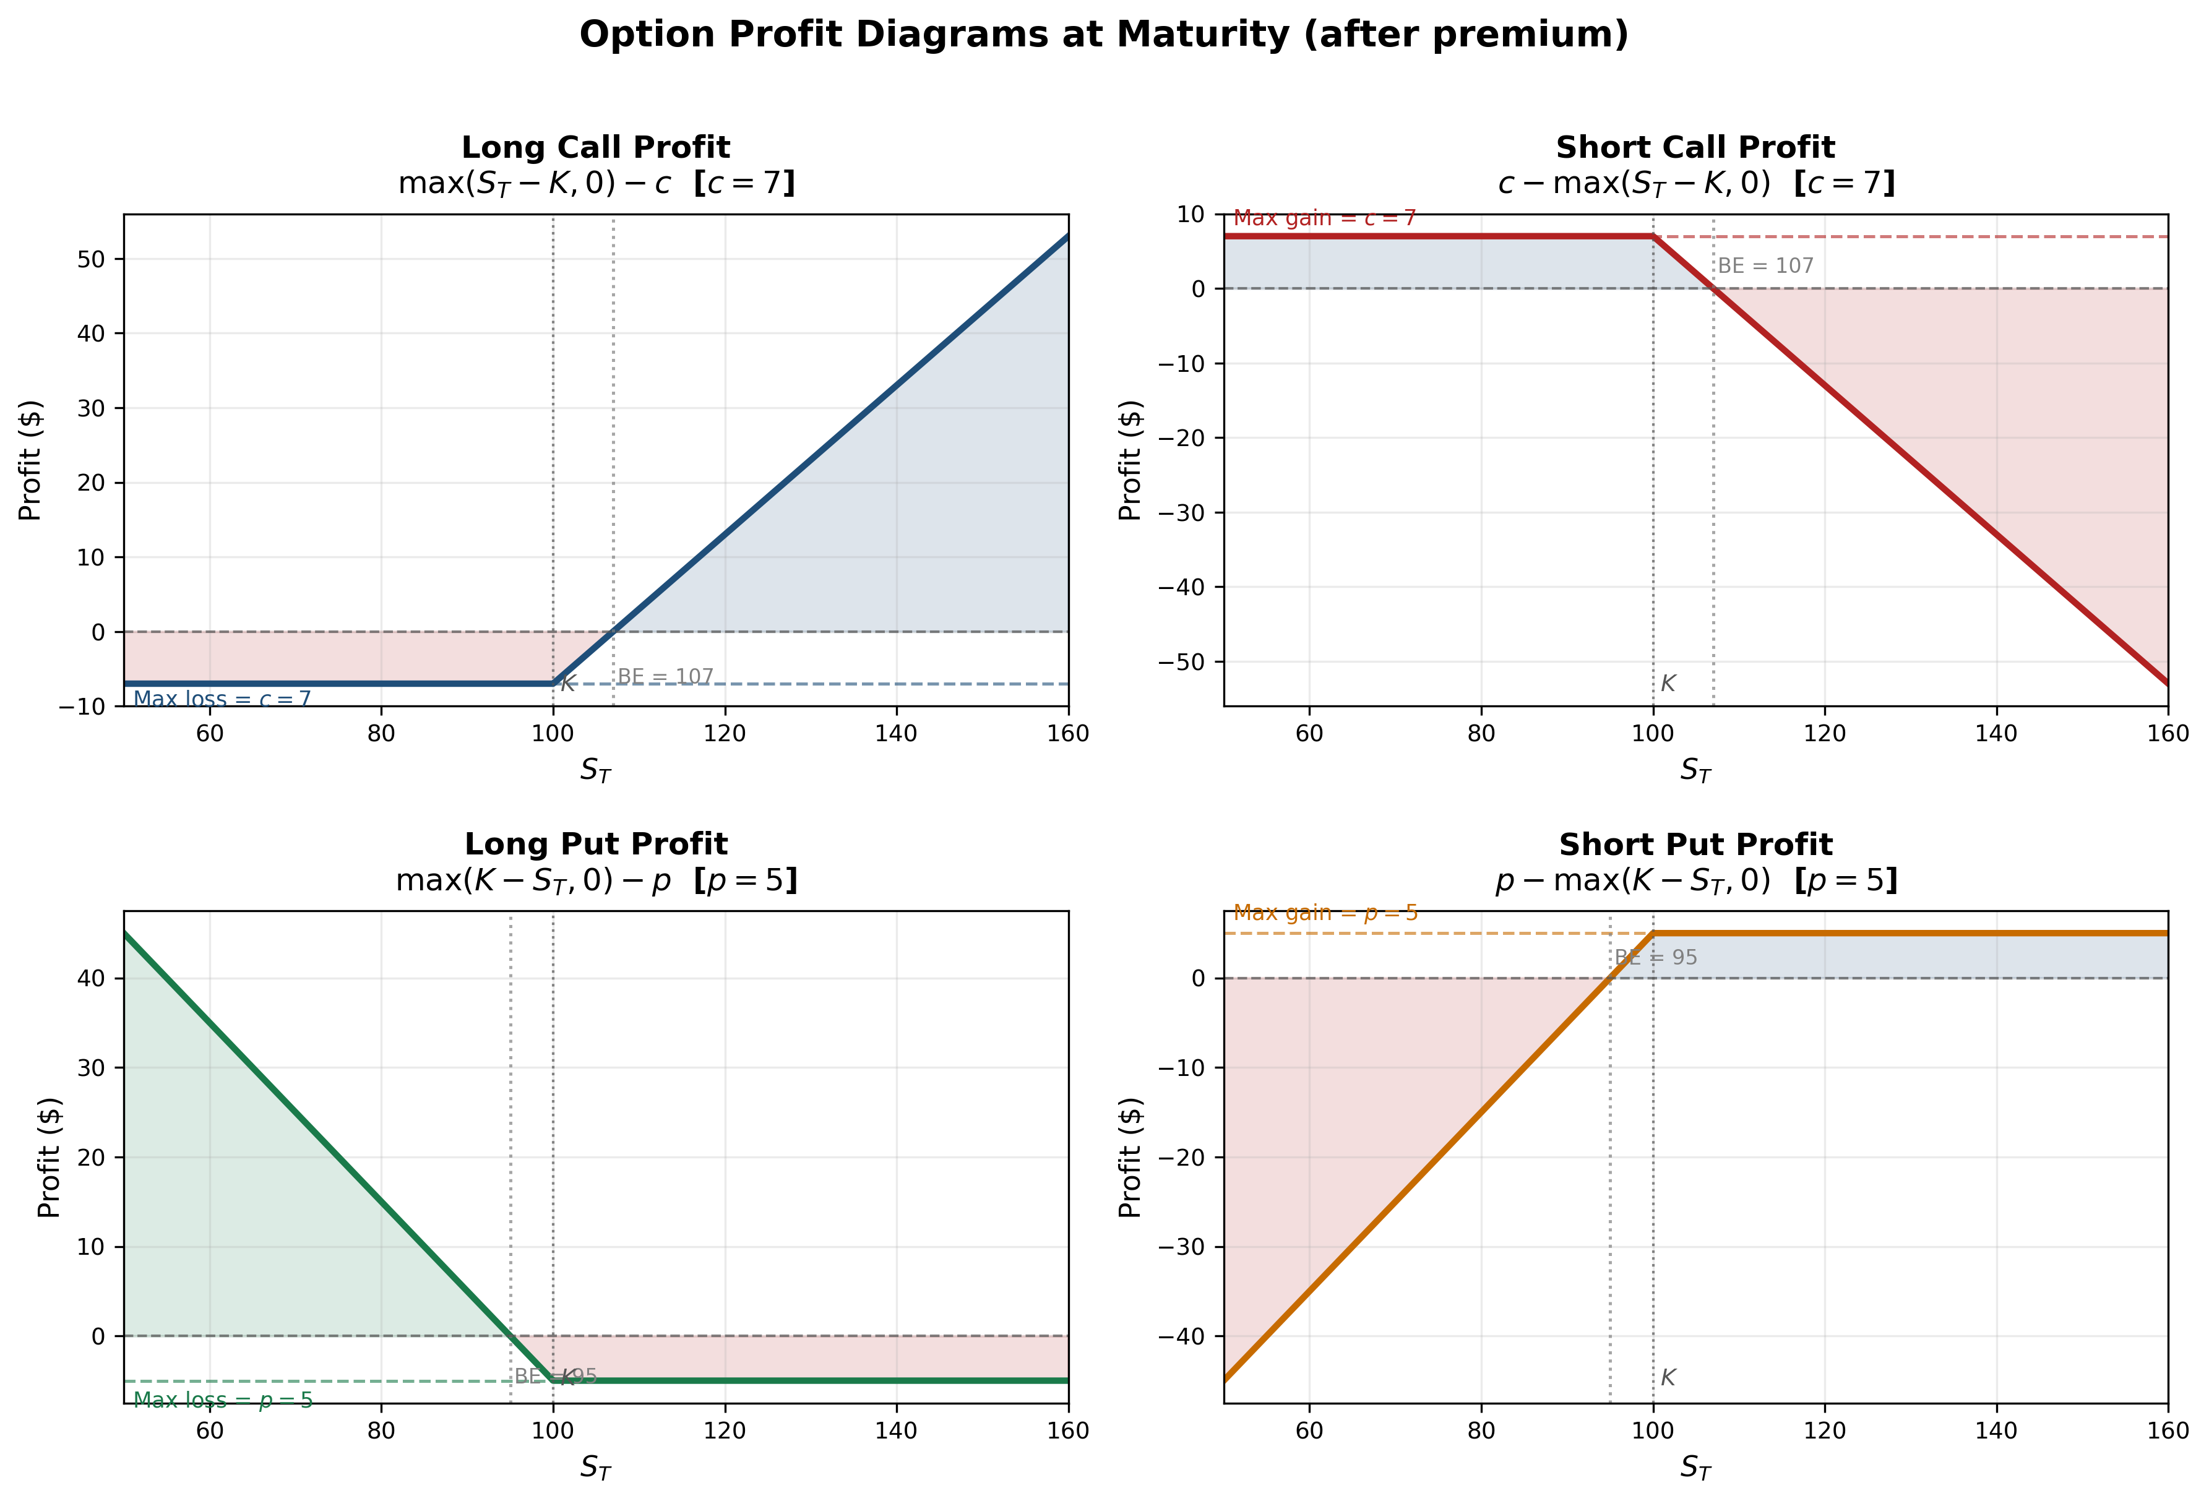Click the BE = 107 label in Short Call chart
(x=1765, y=266)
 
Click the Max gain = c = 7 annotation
(x=1324, y=218)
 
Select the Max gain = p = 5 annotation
(x=1325, y=913)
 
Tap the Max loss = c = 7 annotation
(x=222, y=700)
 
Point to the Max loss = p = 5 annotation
(x=222, y=1400)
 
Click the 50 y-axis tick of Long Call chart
(x=91, y=259)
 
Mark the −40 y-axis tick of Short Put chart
(x=1182, y=1336)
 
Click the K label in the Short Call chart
(x=1667, y=684)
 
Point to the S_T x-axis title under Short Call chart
(x=1695, y=771)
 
